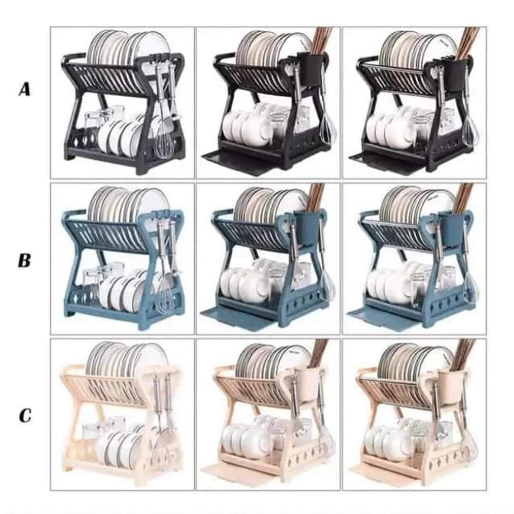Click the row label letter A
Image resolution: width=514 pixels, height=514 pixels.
[x=25, y=89]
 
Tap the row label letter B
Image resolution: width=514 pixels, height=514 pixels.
[x=25, y=261]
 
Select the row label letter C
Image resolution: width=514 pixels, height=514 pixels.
[x=25, y=415]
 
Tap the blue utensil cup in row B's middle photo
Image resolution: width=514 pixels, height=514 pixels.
[x=306, y=228]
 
